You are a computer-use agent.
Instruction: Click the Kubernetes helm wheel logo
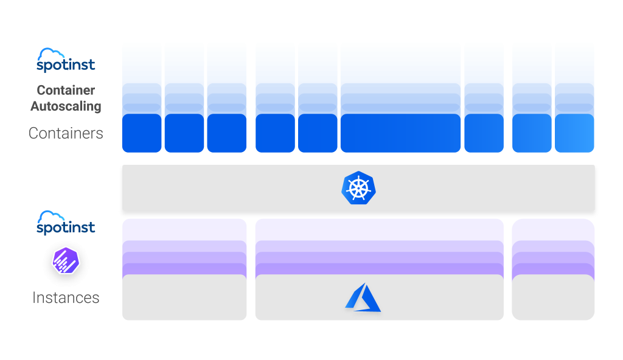[x=358, y=188]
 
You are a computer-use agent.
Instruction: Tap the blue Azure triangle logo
[x=363, y=297]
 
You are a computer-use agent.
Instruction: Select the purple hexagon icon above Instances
[x=66, y=260]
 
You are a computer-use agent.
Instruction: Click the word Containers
[x=66, y=133]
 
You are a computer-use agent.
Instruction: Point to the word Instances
[x=66, y=297]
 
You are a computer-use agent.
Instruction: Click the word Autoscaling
[x=66, y=106]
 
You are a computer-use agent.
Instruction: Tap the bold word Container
[x=66, y=90]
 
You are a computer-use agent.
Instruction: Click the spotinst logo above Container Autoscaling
[x=66, y=60]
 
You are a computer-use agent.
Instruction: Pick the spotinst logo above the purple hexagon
[x=66, y=223]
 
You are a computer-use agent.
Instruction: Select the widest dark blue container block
[x=400, y=133]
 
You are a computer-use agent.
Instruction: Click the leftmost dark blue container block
[x=142, y=133]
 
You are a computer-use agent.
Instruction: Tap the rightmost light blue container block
[x=574, y=133]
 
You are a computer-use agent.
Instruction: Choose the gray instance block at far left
[x=184, y=297]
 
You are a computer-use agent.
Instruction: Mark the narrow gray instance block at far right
[x=553, y=297]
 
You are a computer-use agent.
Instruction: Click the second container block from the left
[x=184, y=133]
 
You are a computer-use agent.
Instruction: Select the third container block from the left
[x=227, y=133]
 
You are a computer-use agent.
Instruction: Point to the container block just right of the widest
[x=484, y=133]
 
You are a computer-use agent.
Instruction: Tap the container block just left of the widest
[x=318, y=133]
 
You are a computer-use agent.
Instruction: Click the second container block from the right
[x=532, y=133]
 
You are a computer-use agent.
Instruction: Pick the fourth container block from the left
[x=276, y=133]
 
